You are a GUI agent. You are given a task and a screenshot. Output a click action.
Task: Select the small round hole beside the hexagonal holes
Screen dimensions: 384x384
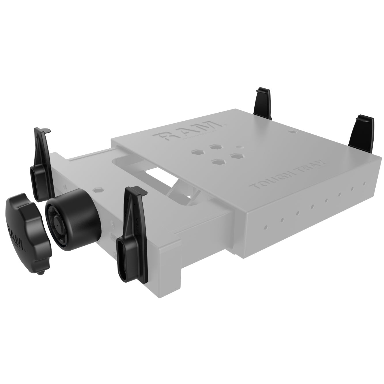click(x=238, y=147)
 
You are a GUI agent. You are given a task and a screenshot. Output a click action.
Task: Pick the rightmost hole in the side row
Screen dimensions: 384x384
click(x=364, y=183)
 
